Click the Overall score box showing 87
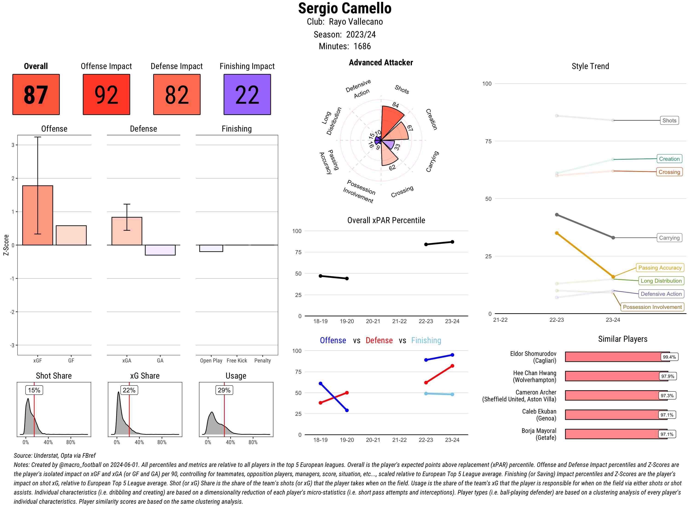tap(36, 94)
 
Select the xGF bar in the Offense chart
tap(38, 215)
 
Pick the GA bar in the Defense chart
tap(160, 250)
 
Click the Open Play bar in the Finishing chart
tap(211, 248)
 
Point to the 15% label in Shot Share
tap(34, 390)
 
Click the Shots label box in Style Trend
tap(669, 120)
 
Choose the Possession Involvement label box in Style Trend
tap(652, 307)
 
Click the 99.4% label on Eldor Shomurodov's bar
tap(669, 357)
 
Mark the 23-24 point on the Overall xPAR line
tap(452, 242)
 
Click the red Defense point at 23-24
tap(452, 366)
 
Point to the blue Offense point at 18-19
tap(321, 383)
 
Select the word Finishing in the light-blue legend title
tap(426, 340)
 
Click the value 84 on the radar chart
tap(395, 105)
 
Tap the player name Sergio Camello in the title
tap(345, 8)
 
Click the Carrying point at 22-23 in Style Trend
tap(557, 215)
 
